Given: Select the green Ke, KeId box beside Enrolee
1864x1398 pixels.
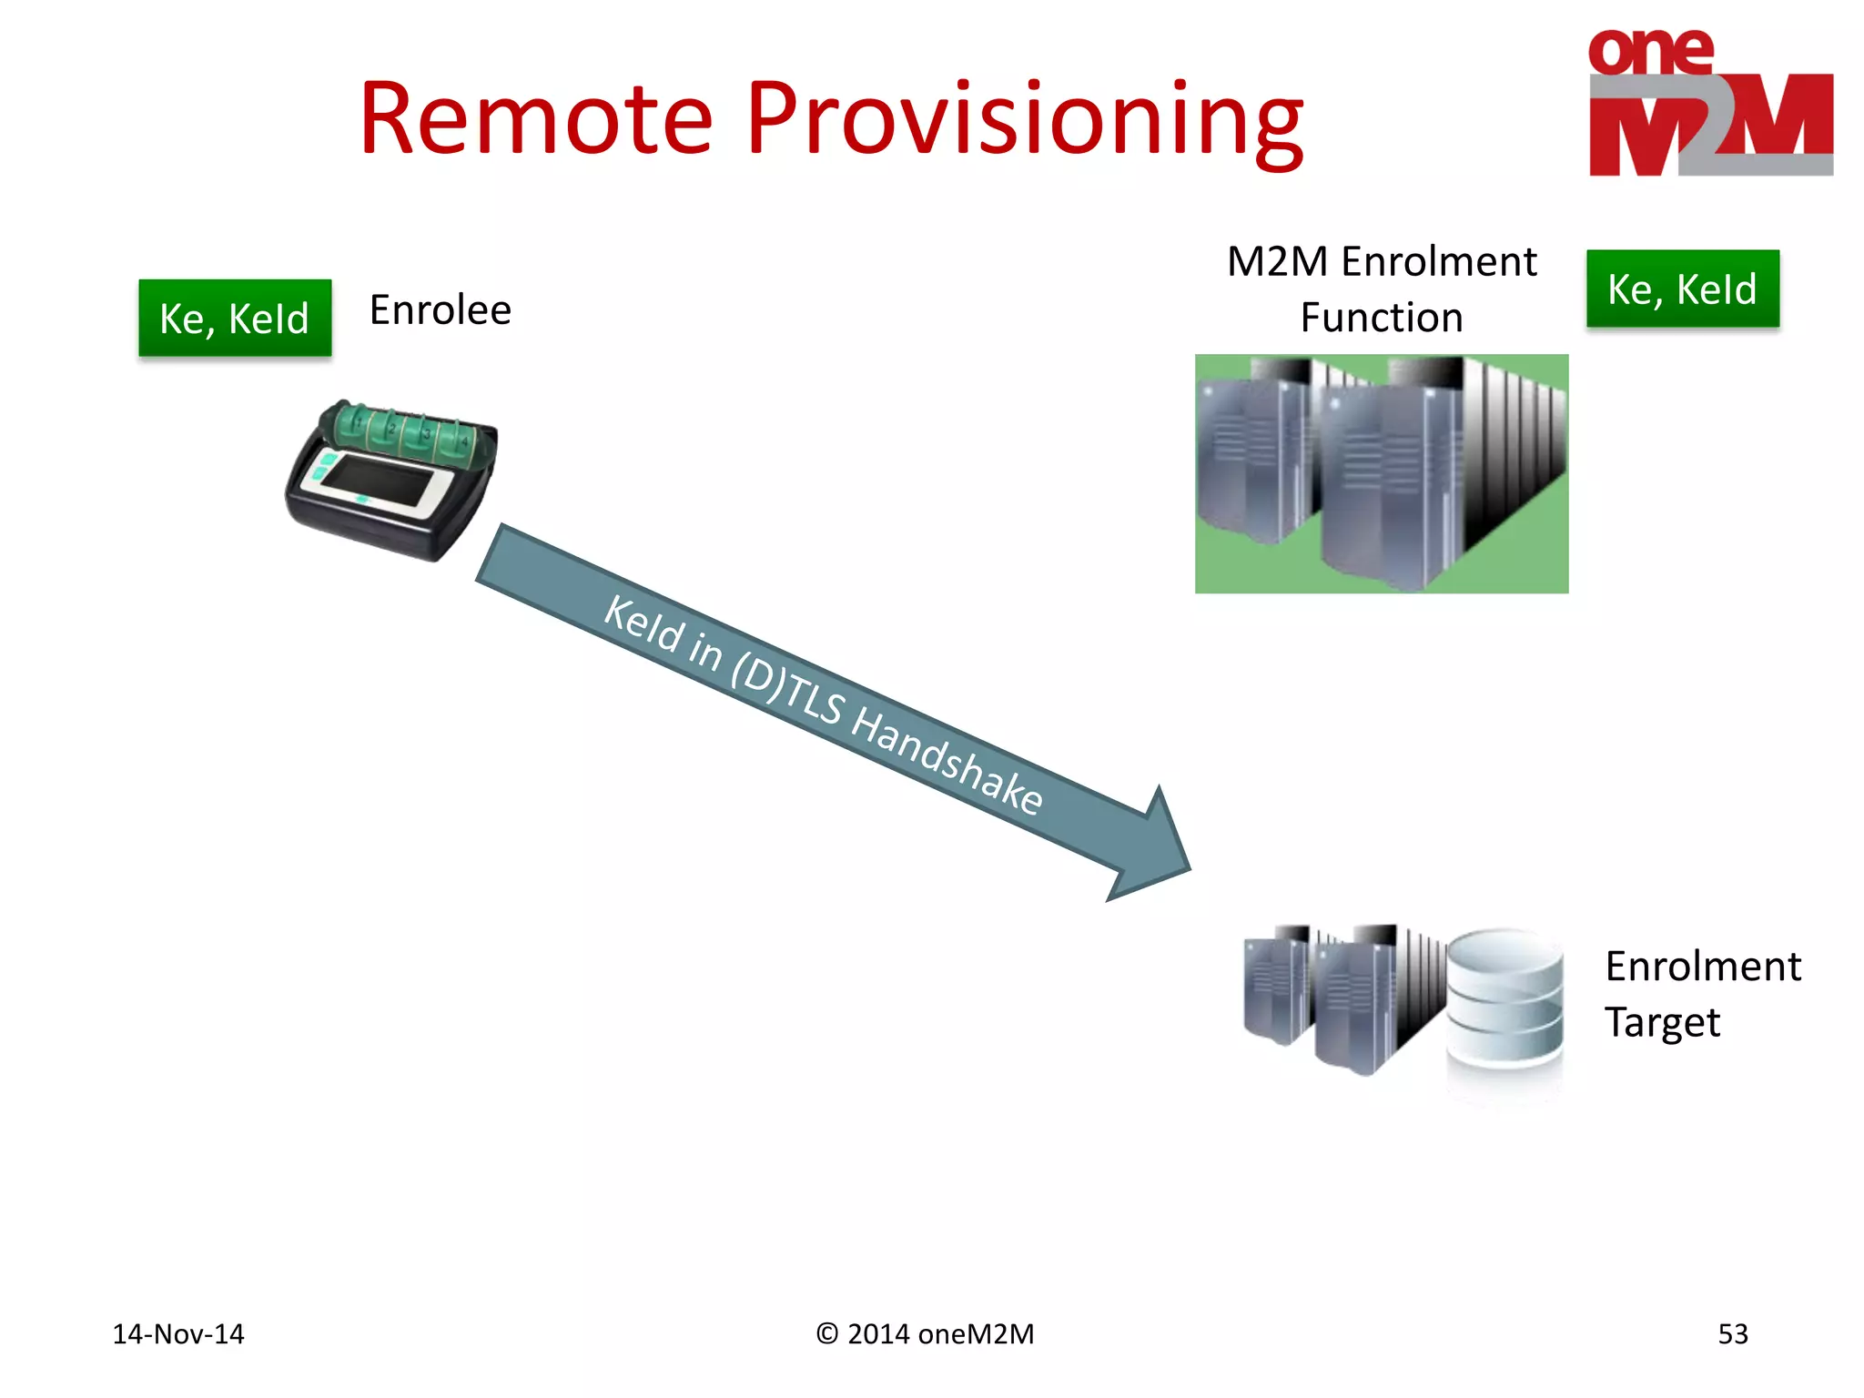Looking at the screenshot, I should [235, 318].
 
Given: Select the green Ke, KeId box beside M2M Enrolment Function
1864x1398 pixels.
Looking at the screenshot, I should [1682, 289].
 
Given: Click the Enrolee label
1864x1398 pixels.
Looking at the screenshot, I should [441, 310].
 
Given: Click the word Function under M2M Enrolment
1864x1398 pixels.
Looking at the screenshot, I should [1381, 318].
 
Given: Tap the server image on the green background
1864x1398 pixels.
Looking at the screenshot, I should [1381, 473].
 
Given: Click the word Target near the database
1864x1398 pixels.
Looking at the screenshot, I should [1662, 1023].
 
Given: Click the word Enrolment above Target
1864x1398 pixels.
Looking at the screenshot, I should [1702, 967].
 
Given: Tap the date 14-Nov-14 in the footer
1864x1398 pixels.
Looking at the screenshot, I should [178, 1333].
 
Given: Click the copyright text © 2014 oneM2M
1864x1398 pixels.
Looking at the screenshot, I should [925, 1333].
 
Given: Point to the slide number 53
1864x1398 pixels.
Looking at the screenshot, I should [1732, 1333].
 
